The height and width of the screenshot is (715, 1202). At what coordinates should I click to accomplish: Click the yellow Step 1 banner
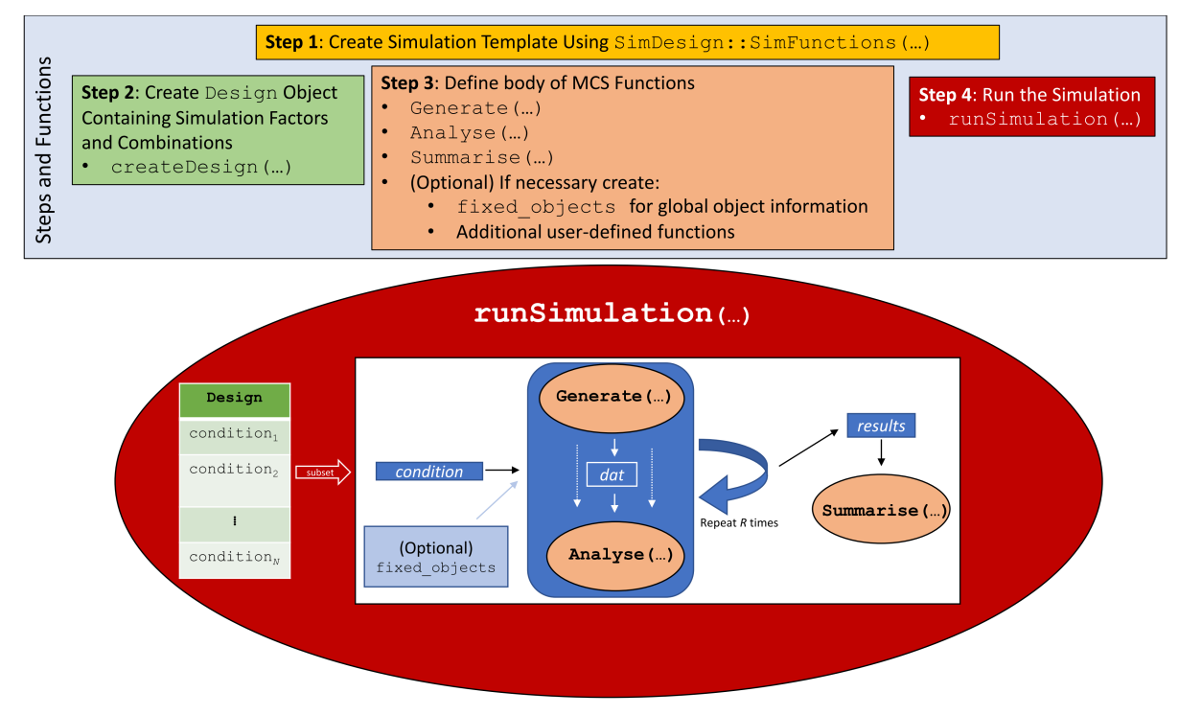pos(627,42)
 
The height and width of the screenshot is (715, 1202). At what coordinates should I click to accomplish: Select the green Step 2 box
pos(218,129)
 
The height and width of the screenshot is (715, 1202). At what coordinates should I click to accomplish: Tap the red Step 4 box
pos(1030,106)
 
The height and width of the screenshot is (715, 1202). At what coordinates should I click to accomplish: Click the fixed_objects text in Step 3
pos(536,207)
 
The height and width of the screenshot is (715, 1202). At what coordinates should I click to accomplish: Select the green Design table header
pos(234,398)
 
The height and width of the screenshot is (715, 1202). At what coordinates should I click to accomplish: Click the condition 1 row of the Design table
pos(234,434)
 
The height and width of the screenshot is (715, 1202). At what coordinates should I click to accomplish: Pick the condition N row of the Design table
pos(234,558)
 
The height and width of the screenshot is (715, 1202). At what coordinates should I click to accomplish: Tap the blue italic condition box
pos(428,472)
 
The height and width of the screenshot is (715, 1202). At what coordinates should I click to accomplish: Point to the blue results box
pos(881,426)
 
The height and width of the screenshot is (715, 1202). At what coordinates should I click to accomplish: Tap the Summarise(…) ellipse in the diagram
pos(882,510)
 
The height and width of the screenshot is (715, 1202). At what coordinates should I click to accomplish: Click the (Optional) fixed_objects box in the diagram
pos(436,558)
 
